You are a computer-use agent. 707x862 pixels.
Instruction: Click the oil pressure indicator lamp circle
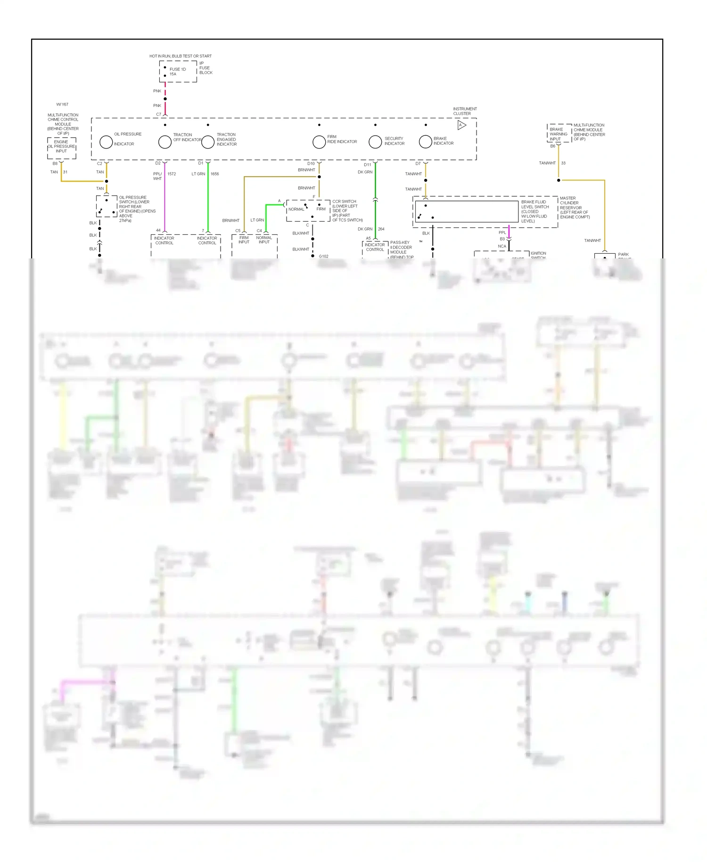pos(106,141)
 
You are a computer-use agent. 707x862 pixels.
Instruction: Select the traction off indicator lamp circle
pos(165,141)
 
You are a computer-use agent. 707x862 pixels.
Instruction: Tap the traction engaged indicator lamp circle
pos(208,141)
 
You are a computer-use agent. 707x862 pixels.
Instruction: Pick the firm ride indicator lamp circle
pos(319,141)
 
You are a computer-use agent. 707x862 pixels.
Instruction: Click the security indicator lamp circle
pos(375,141)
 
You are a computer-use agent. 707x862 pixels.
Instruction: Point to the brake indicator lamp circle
pos(426,141)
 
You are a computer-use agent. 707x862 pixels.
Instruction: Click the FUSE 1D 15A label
pos(177,72)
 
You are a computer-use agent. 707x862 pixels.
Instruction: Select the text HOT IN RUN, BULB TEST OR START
pos(181,56)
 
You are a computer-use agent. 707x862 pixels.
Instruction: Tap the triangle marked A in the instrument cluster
pos(461,125)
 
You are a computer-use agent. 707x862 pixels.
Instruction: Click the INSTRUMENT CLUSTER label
pos(465,111)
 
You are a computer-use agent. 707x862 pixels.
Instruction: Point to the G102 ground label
pos(323,257)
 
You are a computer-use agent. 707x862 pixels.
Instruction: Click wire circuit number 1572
pos(172,174)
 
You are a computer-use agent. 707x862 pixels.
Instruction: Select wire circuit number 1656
pos(214,174)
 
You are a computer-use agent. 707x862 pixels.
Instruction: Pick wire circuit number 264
pos(381,229)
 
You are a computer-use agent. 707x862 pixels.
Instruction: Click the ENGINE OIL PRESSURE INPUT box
pos(61,147)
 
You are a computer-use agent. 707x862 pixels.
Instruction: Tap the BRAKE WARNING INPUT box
pos(559,134)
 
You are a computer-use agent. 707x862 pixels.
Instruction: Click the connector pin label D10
pos(311,164)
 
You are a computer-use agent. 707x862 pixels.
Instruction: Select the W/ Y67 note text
pos(62,105)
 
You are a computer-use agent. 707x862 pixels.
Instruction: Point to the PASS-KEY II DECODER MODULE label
pos(401,249)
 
